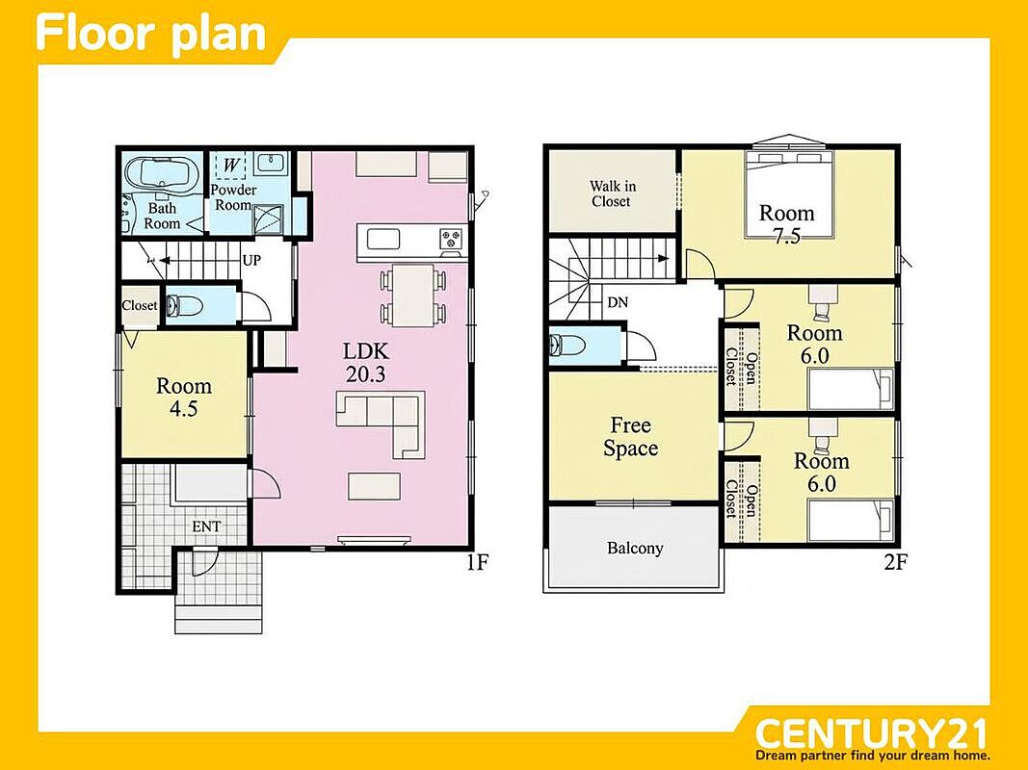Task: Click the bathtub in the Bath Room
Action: pos(161,173)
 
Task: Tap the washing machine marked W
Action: pos(231,165)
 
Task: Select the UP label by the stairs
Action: pos(251,260)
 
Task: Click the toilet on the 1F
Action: pos(177,305)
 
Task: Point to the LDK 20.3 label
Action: pos(366,362)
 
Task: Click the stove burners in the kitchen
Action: pos(451,239)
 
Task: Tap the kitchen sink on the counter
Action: pos(382,239)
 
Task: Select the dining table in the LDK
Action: pos(413,295)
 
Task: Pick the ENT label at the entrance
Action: pos(206,526)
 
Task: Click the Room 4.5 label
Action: pos(184,397)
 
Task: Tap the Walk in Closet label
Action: pos(612,193)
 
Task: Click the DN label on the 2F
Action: pos(618,302)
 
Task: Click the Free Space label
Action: pos(631,437)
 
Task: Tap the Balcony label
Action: pos(635,548)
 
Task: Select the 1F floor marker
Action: pos(477,561)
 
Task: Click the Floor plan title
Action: pos(151,34)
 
